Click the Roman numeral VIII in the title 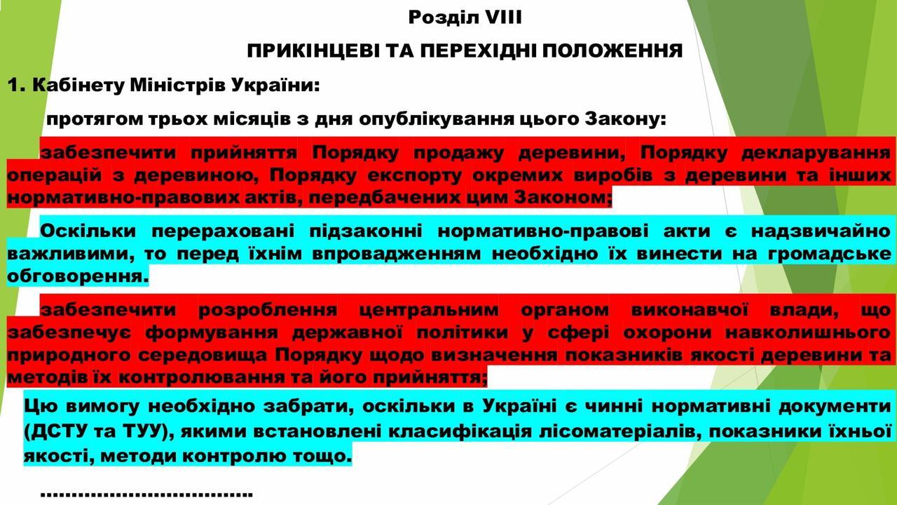click(504, 18)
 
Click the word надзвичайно click(821, 231)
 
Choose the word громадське click(829, 254)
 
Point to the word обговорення click(78, 276)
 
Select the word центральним click(429, 310)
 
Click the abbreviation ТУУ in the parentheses click(142, 431)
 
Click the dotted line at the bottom click(146, 494)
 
